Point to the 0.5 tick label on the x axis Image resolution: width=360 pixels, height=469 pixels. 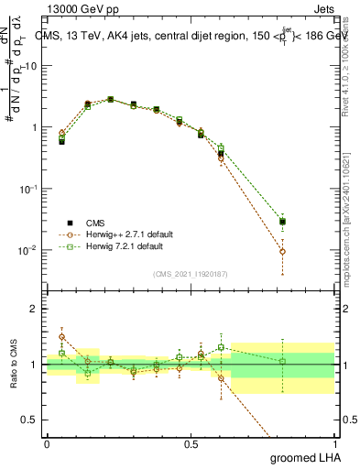tap(191, 443)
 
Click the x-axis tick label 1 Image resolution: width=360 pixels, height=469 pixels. tap(333, 443)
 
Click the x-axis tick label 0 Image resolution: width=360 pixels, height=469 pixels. tap(47, 443)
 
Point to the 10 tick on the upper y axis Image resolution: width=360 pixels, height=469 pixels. tap(31, 66)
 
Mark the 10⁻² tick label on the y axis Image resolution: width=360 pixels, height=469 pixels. tap(27, 249)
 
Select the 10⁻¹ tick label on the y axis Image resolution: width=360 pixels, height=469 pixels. tap(27, 188)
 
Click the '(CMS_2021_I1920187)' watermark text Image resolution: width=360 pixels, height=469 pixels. tap(191, 274)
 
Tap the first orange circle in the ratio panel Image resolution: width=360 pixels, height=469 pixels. tap(61, 336)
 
